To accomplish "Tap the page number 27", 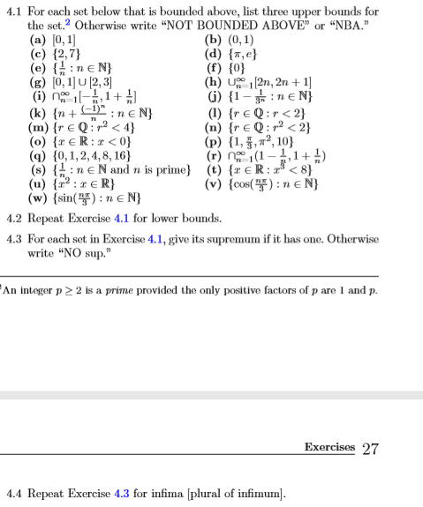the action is click(370, 448).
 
